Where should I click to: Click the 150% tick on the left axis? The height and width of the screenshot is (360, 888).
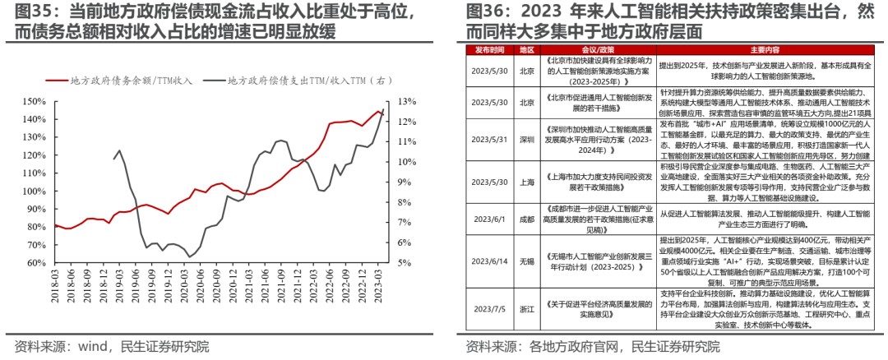35,101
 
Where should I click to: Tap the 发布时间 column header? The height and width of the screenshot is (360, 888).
489,49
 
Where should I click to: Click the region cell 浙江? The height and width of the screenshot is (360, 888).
527,309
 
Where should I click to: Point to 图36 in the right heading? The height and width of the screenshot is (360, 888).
485,12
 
